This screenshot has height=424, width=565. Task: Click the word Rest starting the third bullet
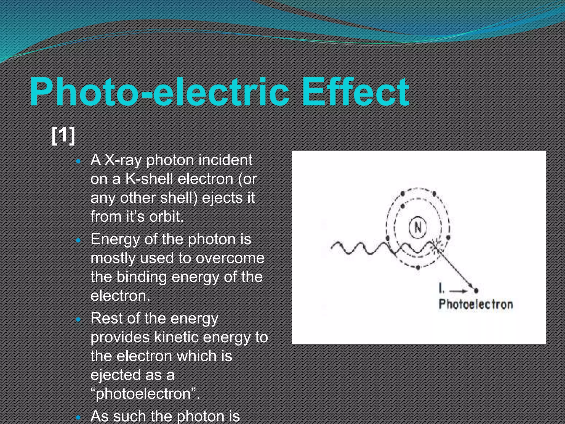point(106,318)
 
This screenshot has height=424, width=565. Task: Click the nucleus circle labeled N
point(418,227)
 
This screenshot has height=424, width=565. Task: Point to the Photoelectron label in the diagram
point(476,304)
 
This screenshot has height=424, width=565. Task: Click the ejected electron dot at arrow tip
point(476,290)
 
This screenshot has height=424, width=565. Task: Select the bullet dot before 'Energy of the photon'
point(79,240)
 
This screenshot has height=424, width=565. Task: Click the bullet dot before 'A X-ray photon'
point(79,161)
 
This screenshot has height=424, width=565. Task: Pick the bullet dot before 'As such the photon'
point(79,417)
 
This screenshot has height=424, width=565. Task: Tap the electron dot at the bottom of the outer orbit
point(418,267)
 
